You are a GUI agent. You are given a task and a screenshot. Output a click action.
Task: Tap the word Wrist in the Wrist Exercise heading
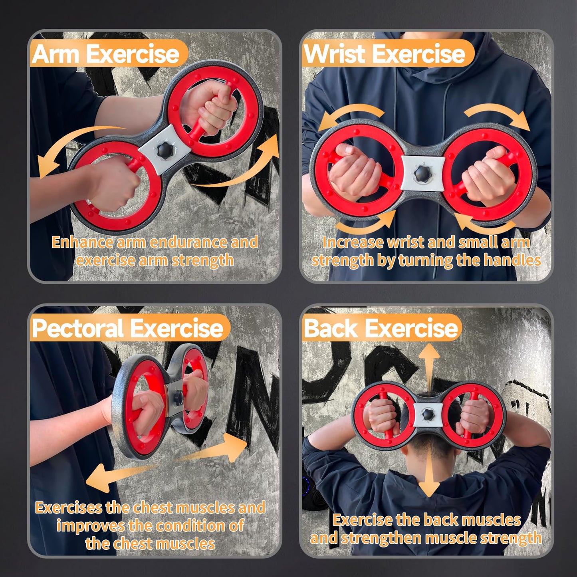(335, 54)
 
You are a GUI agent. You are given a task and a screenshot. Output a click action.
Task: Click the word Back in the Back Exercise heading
(331, 328)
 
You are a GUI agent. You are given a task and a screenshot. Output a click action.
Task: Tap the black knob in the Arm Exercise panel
(165, 150)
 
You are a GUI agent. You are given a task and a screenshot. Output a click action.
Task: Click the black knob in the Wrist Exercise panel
(422, 173)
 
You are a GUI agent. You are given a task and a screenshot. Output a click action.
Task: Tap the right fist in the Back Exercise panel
(475, 416)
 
